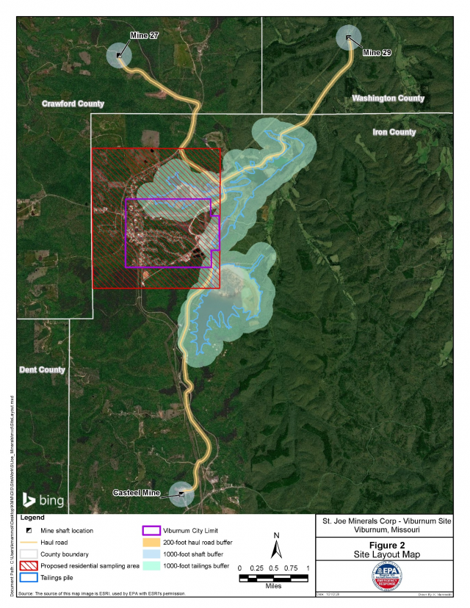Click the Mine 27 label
pos(144,36)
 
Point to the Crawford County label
pos(73,104)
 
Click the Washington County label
pos(388,98)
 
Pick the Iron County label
pos(394,132)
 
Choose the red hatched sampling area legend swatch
pos(27,566)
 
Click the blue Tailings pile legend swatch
pos(27,578)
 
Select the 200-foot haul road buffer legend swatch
pos(151,543)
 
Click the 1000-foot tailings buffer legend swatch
pos(151,566)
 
